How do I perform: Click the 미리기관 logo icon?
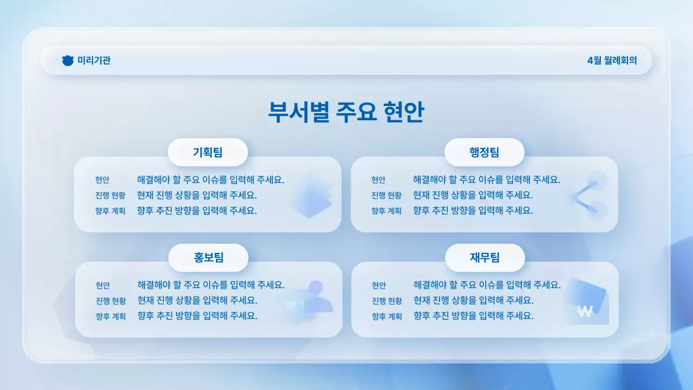(x=68, y=61)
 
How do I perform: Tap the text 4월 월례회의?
(x=612, y=61)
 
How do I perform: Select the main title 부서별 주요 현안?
(x=346, y=112)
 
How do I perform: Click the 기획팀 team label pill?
(x=208, y=152)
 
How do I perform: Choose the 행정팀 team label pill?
(x=485, y=152)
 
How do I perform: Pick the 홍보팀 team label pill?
(x=208, y=258)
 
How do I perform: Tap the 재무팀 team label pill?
(x=485, y=258)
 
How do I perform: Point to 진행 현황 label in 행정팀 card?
(x=387, y=196)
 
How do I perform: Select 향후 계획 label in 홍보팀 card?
(x=111, y=316)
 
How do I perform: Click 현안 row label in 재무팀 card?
(x=379, y=285)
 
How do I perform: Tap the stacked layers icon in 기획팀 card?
(x=311, y=196)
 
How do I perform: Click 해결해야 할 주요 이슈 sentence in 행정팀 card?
(x=486, y=180)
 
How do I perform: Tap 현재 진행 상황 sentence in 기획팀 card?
(x=197, y=195)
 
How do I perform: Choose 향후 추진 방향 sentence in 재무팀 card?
(x=473, y=316)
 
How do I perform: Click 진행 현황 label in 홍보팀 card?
(x=111, y=301)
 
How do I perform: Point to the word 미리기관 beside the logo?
(x=94, y=61)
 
